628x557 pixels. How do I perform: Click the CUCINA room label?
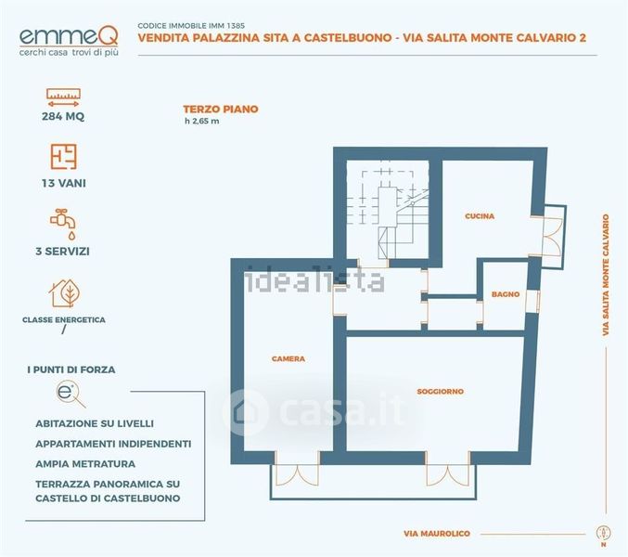(480, 216)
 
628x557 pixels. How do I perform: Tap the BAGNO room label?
(506, 294)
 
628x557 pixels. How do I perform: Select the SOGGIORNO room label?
(441, 392)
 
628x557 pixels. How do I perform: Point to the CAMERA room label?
(288, 359)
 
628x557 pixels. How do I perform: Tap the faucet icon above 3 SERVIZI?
(63, 224)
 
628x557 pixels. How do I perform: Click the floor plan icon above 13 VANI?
(63, 157)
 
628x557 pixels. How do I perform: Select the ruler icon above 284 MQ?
(63, 97)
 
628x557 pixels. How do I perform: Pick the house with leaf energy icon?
(65, 293)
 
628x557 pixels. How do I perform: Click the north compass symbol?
(603, 534)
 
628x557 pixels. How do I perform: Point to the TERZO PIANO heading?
(221, 110)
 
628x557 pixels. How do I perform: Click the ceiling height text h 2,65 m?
(202, 122)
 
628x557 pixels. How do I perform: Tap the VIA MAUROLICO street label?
(437, 534)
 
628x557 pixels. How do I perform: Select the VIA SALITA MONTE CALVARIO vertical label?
(606, 275)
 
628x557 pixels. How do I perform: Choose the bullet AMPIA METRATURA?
(85, 464)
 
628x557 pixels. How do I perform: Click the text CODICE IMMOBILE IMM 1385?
(191, 26)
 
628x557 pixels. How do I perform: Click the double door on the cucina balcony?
(552, 237)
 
